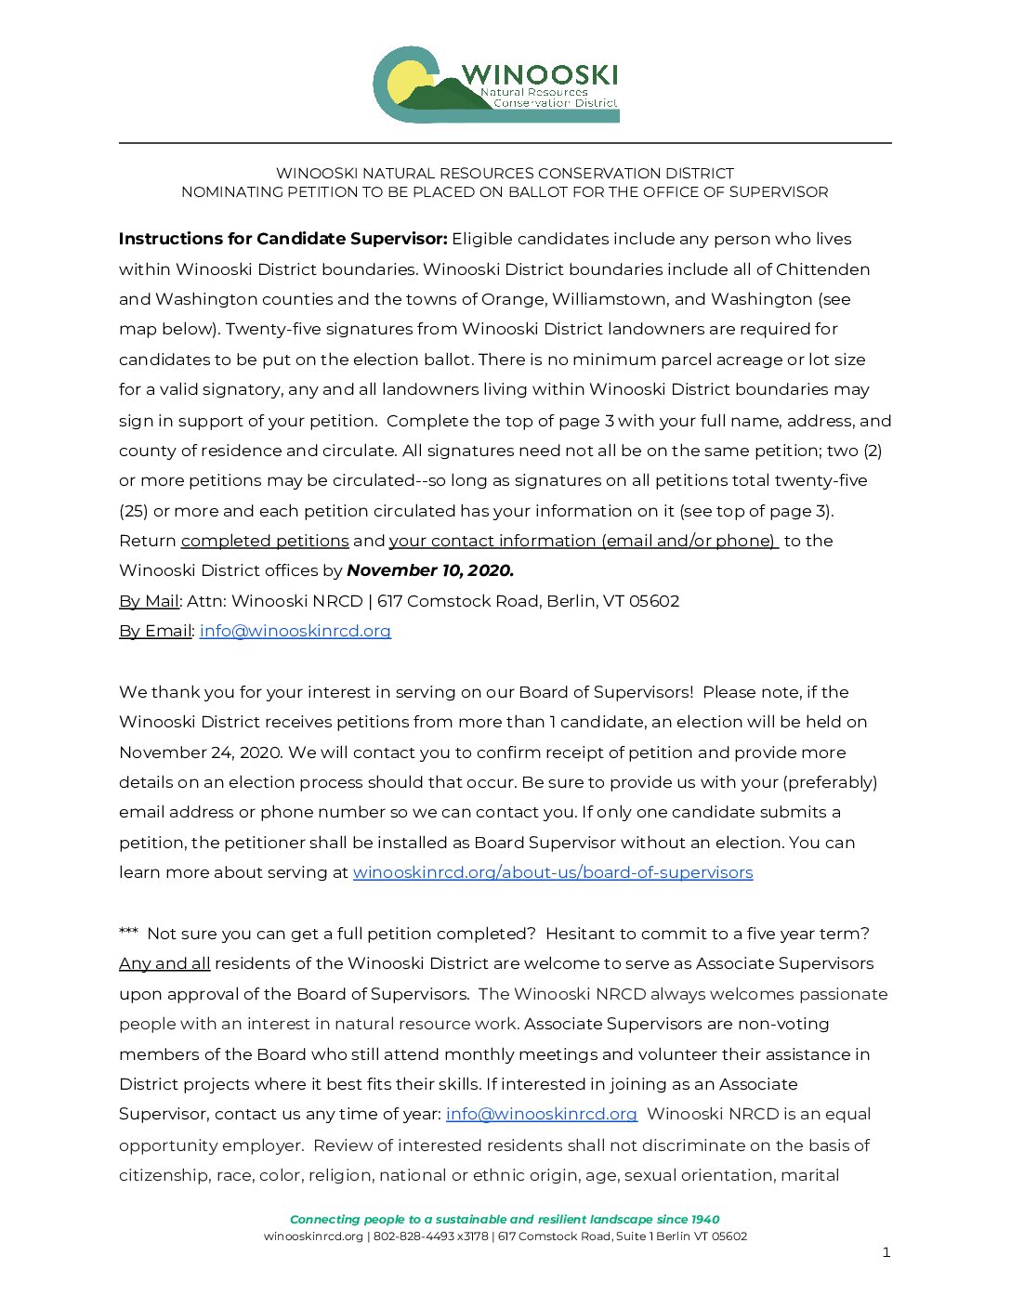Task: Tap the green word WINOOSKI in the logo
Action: pos(539,74)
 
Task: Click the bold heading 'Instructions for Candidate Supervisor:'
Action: pos(282,239)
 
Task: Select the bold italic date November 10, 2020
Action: pos(430,570)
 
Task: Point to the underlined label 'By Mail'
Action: pos(149,601)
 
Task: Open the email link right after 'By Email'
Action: pos(295,631)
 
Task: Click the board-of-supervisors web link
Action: pos(553,872)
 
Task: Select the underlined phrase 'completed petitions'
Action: pos(265,541)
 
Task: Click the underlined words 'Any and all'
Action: pos(164,963)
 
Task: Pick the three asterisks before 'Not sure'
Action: pos(128,933)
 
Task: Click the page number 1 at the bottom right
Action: pos(886,1252)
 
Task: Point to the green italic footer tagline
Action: pos(505,1220)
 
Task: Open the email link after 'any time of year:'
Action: pos(542,1114)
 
